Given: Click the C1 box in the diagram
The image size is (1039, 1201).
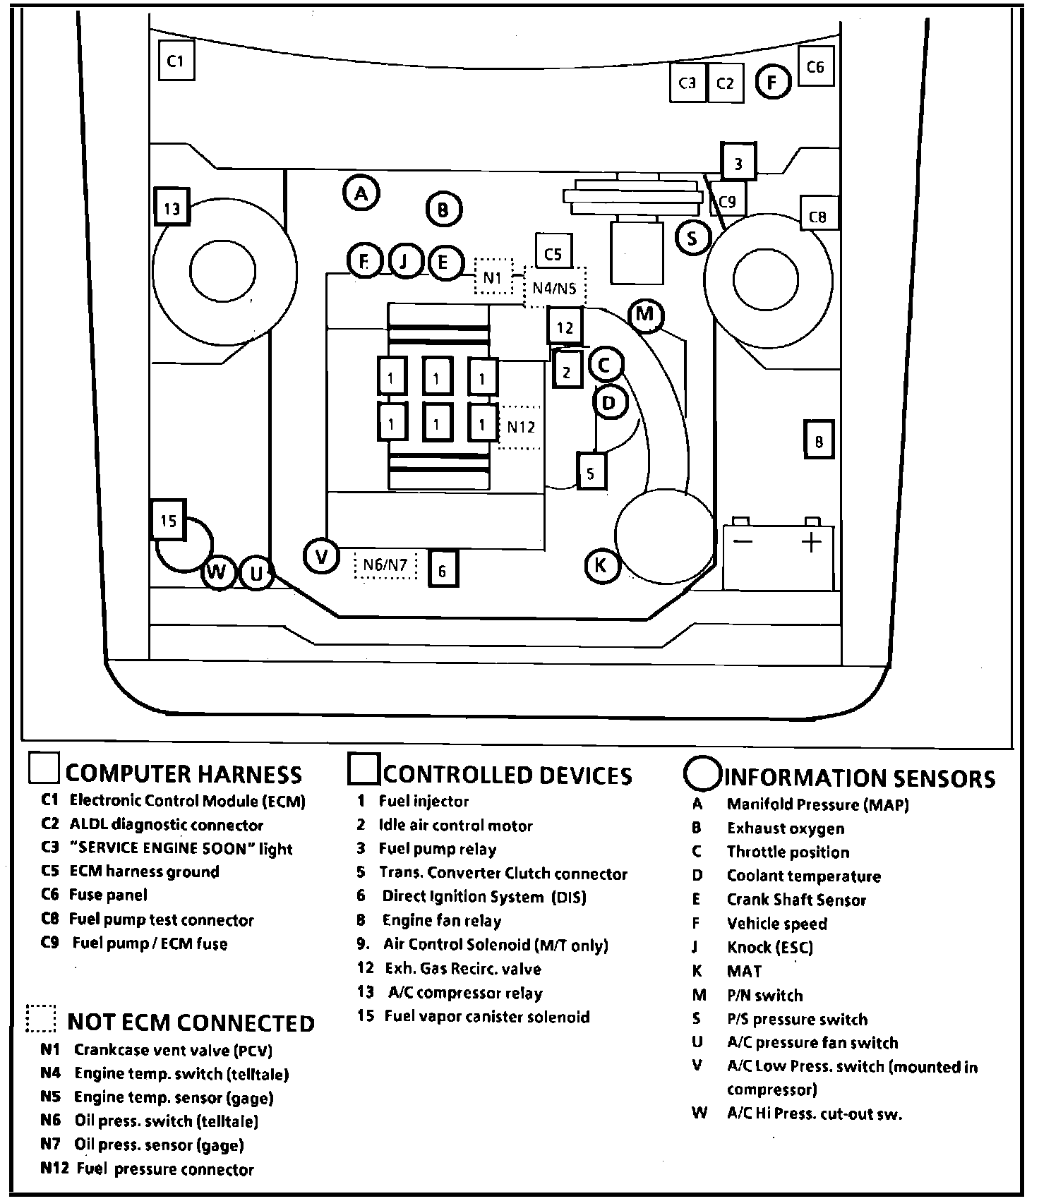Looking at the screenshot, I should [x=176, y=61].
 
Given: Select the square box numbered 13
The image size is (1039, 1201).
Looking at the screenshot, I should [x=172, y=208].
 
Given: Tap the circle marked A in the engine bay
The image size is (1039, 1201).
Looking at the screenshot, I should [x=361, y=193].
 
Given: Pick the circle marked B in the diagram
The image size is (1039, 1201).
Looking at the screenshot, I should [x=443, y=209].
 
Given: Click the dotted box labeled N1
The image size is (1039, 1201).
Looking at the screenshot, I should [x=492, y=277].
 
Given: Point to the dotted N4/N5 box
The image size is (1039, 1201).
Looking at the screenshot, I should [x=555, y=287].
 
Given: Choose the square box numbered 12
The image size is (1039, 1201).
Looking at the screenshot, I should [x=565, y=327].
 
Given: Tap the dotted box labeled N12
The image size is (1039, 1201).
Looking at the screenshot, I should [x=521, y=427].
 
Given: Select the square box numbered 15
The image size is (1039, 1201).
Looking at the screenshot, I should [x=169, y=521].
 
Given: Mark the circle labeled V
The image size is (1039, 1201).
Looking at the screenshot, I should [x=322, y=557].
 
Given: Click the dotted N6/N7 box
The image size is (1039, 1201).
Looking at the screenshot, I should [x=385, y=565].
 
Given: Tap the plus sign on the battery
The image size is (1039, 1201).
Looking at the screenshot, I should [x=812, y=542].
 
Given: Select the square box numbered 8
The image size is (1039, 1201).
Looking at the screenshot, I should [x=819, y=442].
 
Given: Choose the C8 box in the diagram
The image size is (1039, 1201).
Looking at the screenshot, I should [x=818, y=217].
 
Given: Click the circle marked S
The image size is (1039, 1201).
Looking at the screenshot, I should [x=692, y=238].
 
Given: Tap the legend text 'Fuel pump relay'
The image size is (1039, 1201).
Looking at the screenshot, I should [x=437, y=849].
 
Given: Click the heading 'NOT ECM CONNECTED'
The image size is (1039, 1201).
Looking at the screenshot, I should [x=191, y=1022].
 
